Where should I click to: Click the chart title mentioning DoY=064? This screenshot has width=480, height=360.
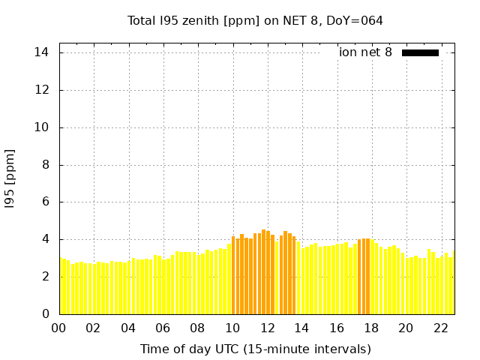pyautogui.click(x=255, y=20)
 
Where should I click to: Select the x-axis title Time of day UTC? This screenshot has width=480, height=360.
pyautogui.click(x=255, y=349)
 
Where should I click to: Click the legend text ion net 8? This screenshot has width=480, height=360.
pyautogui.click(x=365, y=52)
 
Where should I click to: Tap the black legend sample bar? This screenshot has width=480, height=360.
pyautogui.click(x=420, y=52)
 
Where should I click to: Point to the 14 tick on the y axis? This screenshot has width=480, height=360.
pyautogui.click(x=41, y=52)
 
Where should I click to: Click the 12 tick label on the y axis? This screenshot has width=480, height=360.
pyautogui.click(x=41, y=90)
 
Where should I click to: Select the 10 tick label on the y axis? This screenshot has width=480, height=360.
pyautogui.click(x=41, y=127)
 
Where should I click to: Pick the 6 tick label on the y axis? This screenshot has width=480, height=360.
pyautogui.click(x=45, y=202)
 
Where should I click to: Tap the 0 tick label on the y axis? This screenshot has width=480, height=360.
pyautogui.click(x=45, y=313)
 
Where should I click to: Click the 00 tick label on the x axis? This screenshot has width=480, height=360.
pyautogui.click(x=58, y=328)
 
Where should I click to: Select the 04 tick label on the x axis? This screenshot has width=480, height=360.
pyautogui.click(x=128, y=328)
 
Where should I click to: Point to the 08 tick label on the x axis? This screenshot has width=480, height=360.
pyautogui.click(x=198, y=328)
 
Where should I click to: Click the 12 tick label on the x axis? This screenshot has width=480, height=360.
pyautogui.click(x=268, y=328)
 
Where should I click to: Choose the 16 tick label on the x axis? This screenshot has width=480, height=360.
pyautogui.click(x=337, y=328)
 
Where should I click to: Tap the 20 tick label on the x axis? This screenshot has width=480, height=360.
pyautogui.click(x=406, y=328)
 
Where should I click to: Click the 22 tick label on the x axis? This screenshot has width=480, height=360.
pyautogui.click(x=441, y=328)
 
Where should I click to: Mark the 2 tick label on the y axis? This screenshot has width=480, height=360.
pyautogui.click(x=45, y=276)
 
